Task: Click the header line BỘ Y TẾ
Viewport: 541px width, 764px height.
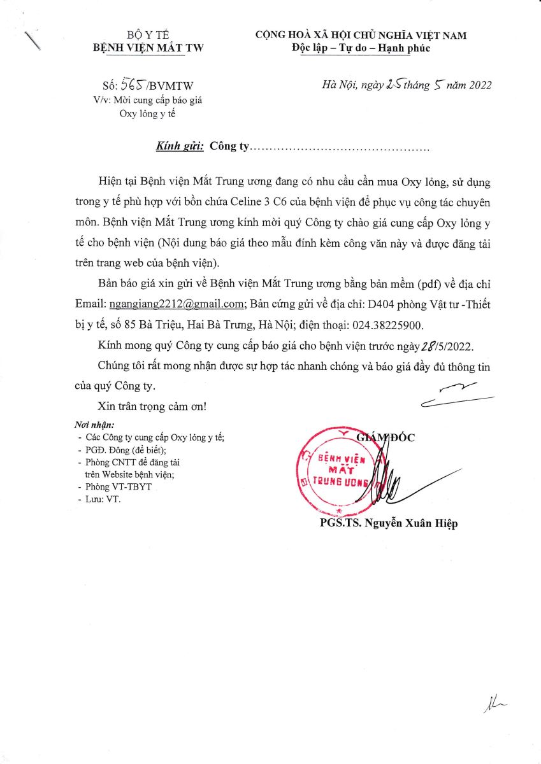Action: point(148,35)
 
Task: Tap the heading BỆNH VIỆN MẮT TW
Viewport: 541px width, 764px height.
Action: point(148,48)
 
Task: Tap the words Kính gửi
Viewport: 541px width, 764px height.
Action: point(180,146)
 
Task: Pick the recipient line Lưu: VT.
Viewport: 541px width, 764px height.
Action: point(103,499)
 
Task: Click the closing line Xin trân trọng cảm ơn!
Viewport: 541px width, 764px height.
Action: point(152,406)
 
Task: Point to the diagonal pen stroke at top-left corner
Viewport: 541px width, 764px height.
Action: point(31,39)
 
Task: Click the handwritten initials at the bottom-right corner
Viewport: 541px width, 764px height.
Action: point(494,704)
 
